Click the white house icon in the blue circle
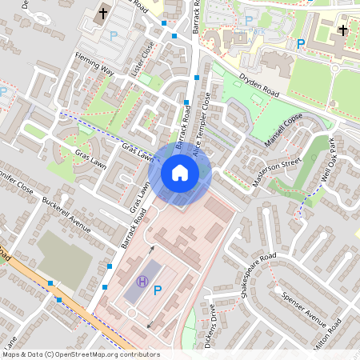180,173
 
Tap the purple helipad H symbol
142,281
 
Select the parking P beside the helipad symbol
158,290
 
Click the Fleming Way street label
95,63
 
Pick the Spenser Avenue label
303,309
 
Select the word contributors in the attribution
138,354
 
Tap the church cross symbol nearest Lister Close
102,14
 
